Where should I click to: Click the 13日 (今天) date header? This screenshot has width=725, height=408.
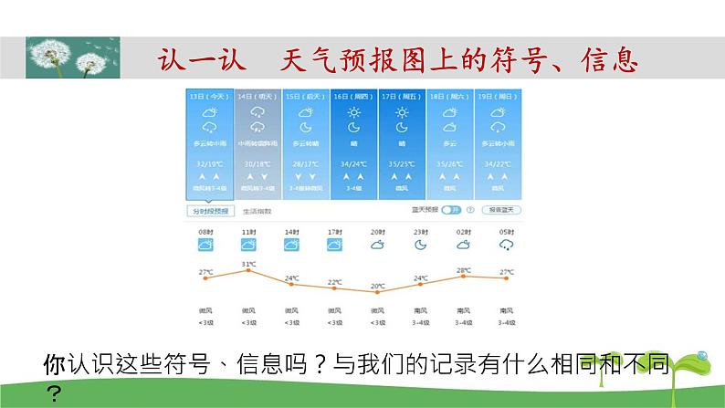pyautogui.click(x=209, y=96)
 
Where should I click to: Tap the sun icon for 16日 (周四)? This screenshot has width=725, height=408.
pyautogui.click(x=353, y=112)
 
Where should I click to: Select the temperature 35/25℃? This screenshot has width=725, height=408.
pyautogui.click(x=402, y=164)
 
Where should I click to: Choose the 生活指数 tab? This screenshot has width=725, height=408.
pyautogui.click(x=257, y=211)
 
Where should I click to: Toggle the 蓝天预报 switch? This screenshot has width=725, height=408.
pyautogui.click(x=451, y=210)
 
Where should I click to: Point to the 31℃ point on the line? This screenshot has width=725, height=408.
pyautogui.click(x=247, y=271)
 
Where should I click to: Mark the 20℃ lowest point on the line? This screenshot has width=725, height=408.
pyautogui.click(x=376, y=292)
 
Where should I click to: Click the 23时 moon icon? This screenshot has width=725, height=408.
pyautogui.click(x=420, y=245)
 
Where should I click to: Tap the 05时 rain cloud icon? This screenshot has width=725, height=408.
pyautogui.click(x=506, y=245)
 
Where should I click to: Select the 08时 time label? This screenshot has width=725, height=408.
pyautogui.click(x=205, y=232)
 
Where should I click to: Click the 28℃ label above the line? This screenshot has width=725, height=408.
pyautogui.click(x=463, y=271)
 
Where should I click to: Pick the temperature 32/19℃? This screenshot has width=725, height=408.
pyautogui.click(x=209, y=164)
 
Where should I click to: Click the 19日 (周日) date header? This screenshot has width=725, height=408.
pyautogui.click(x=499, y=96)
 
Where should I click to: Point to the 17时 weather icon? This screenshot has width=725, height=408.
pyautogui.click(x=334, y=245)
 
